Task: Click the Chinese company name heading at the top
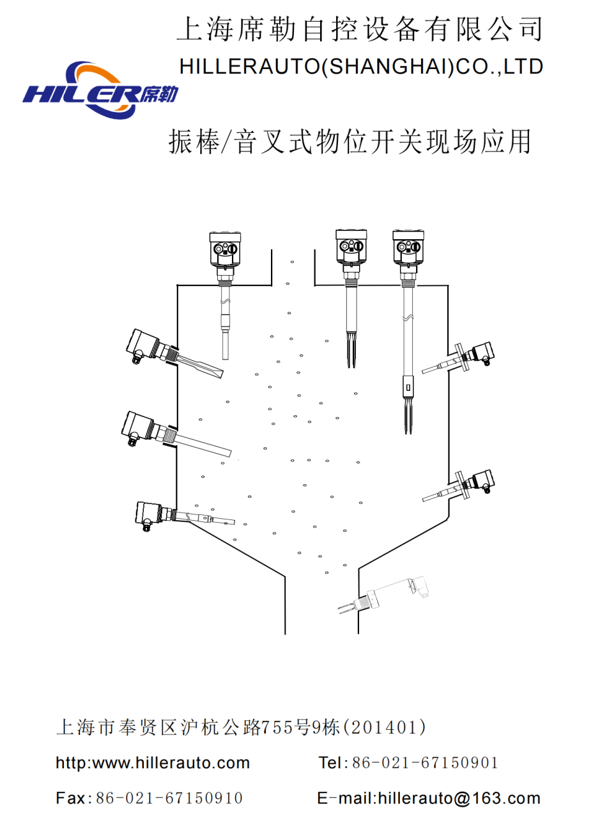coord(359,29)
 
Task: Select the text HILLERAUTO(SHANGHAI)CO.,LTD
coord(361,67)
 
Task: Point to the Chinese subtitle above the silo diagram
coord(350,141)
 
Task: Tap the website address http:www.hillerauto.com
coord(153,763)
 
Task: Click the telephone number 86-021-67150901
coord(425,763)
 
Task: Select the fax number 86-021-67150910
coord(169,798)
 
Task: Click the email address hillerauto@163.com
coord(459,798)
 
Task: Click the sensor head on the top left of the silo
coord(226,249)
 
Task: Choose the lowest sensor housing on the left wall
coord(150,513)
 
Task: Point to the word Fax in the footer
coord(70,798)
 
